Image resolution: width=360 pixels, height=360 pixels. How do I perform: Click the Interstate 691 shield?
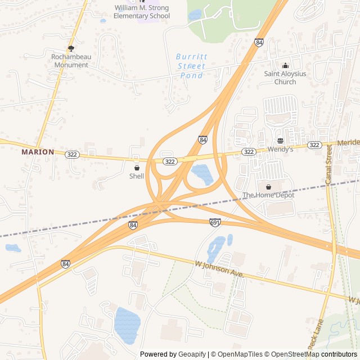point(214,223)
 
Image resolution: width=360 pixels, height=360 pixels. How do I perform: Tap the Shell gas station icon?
point(137,168)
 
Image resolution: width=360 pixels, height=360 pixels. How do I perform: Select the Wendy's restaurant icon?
point(280,141)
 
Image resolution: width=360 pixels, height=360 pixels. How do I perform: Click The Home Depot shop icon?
point(268,187)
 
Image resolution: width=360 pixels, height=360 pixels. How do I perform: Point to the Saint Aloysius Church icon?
point(285,65)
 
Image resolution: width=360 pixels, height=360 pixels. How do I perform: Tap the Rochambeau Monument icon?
point(71,48)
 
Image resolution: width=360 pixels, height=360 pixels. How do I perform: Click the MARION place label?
point(38,152)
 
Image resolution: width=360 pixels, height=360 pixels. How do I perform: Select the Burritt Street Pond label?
point(191,66)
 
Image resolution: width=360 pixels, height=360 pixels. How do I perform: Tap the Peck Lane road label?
point(316,335)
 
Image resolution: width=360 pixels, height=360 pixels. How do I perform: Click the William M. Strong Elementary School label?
point(141,12)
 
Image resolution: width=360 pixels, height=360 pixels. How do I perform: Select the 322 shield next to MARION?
point(71,154)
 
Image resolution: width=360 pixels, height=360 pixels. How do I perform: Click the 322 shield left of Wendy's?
point(249,152)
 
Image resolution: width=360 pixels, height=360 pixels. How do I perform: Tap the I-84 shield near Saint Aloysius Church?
point(259,43)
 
